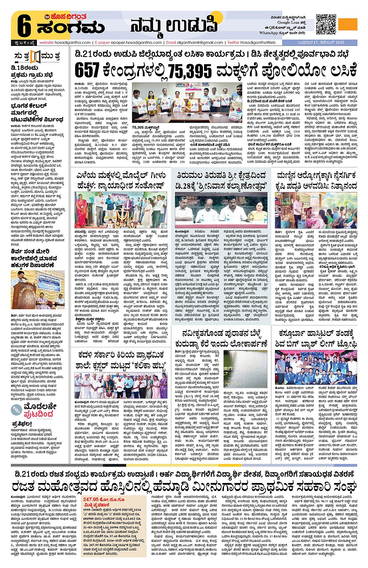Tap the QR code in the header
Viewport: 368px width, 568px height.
[326, 24]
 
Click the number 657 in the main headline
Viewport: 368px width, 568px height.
[87, 70]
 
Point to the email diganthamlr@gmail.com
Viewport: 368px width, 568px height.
[194, 42]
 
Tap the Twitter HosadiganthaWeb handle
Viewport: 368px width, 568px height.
[252, 42]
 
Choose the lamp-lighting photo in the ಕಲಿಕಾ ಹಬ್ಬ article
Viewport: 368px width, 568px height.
[121, 386]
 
